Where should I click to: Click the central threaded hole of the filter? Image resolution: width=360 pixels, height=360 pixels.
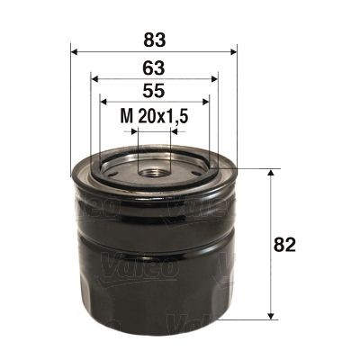click(154, 169)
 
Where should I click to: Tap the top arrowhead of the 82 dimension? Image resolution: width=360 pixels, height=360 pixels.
click(271, 172)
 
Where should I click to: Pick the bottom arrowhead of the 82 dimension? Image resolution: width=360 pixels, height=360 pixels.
click(271, 316)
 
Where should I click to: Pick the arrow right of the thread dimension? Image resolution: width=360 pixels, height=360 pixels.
click(176, 130)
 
